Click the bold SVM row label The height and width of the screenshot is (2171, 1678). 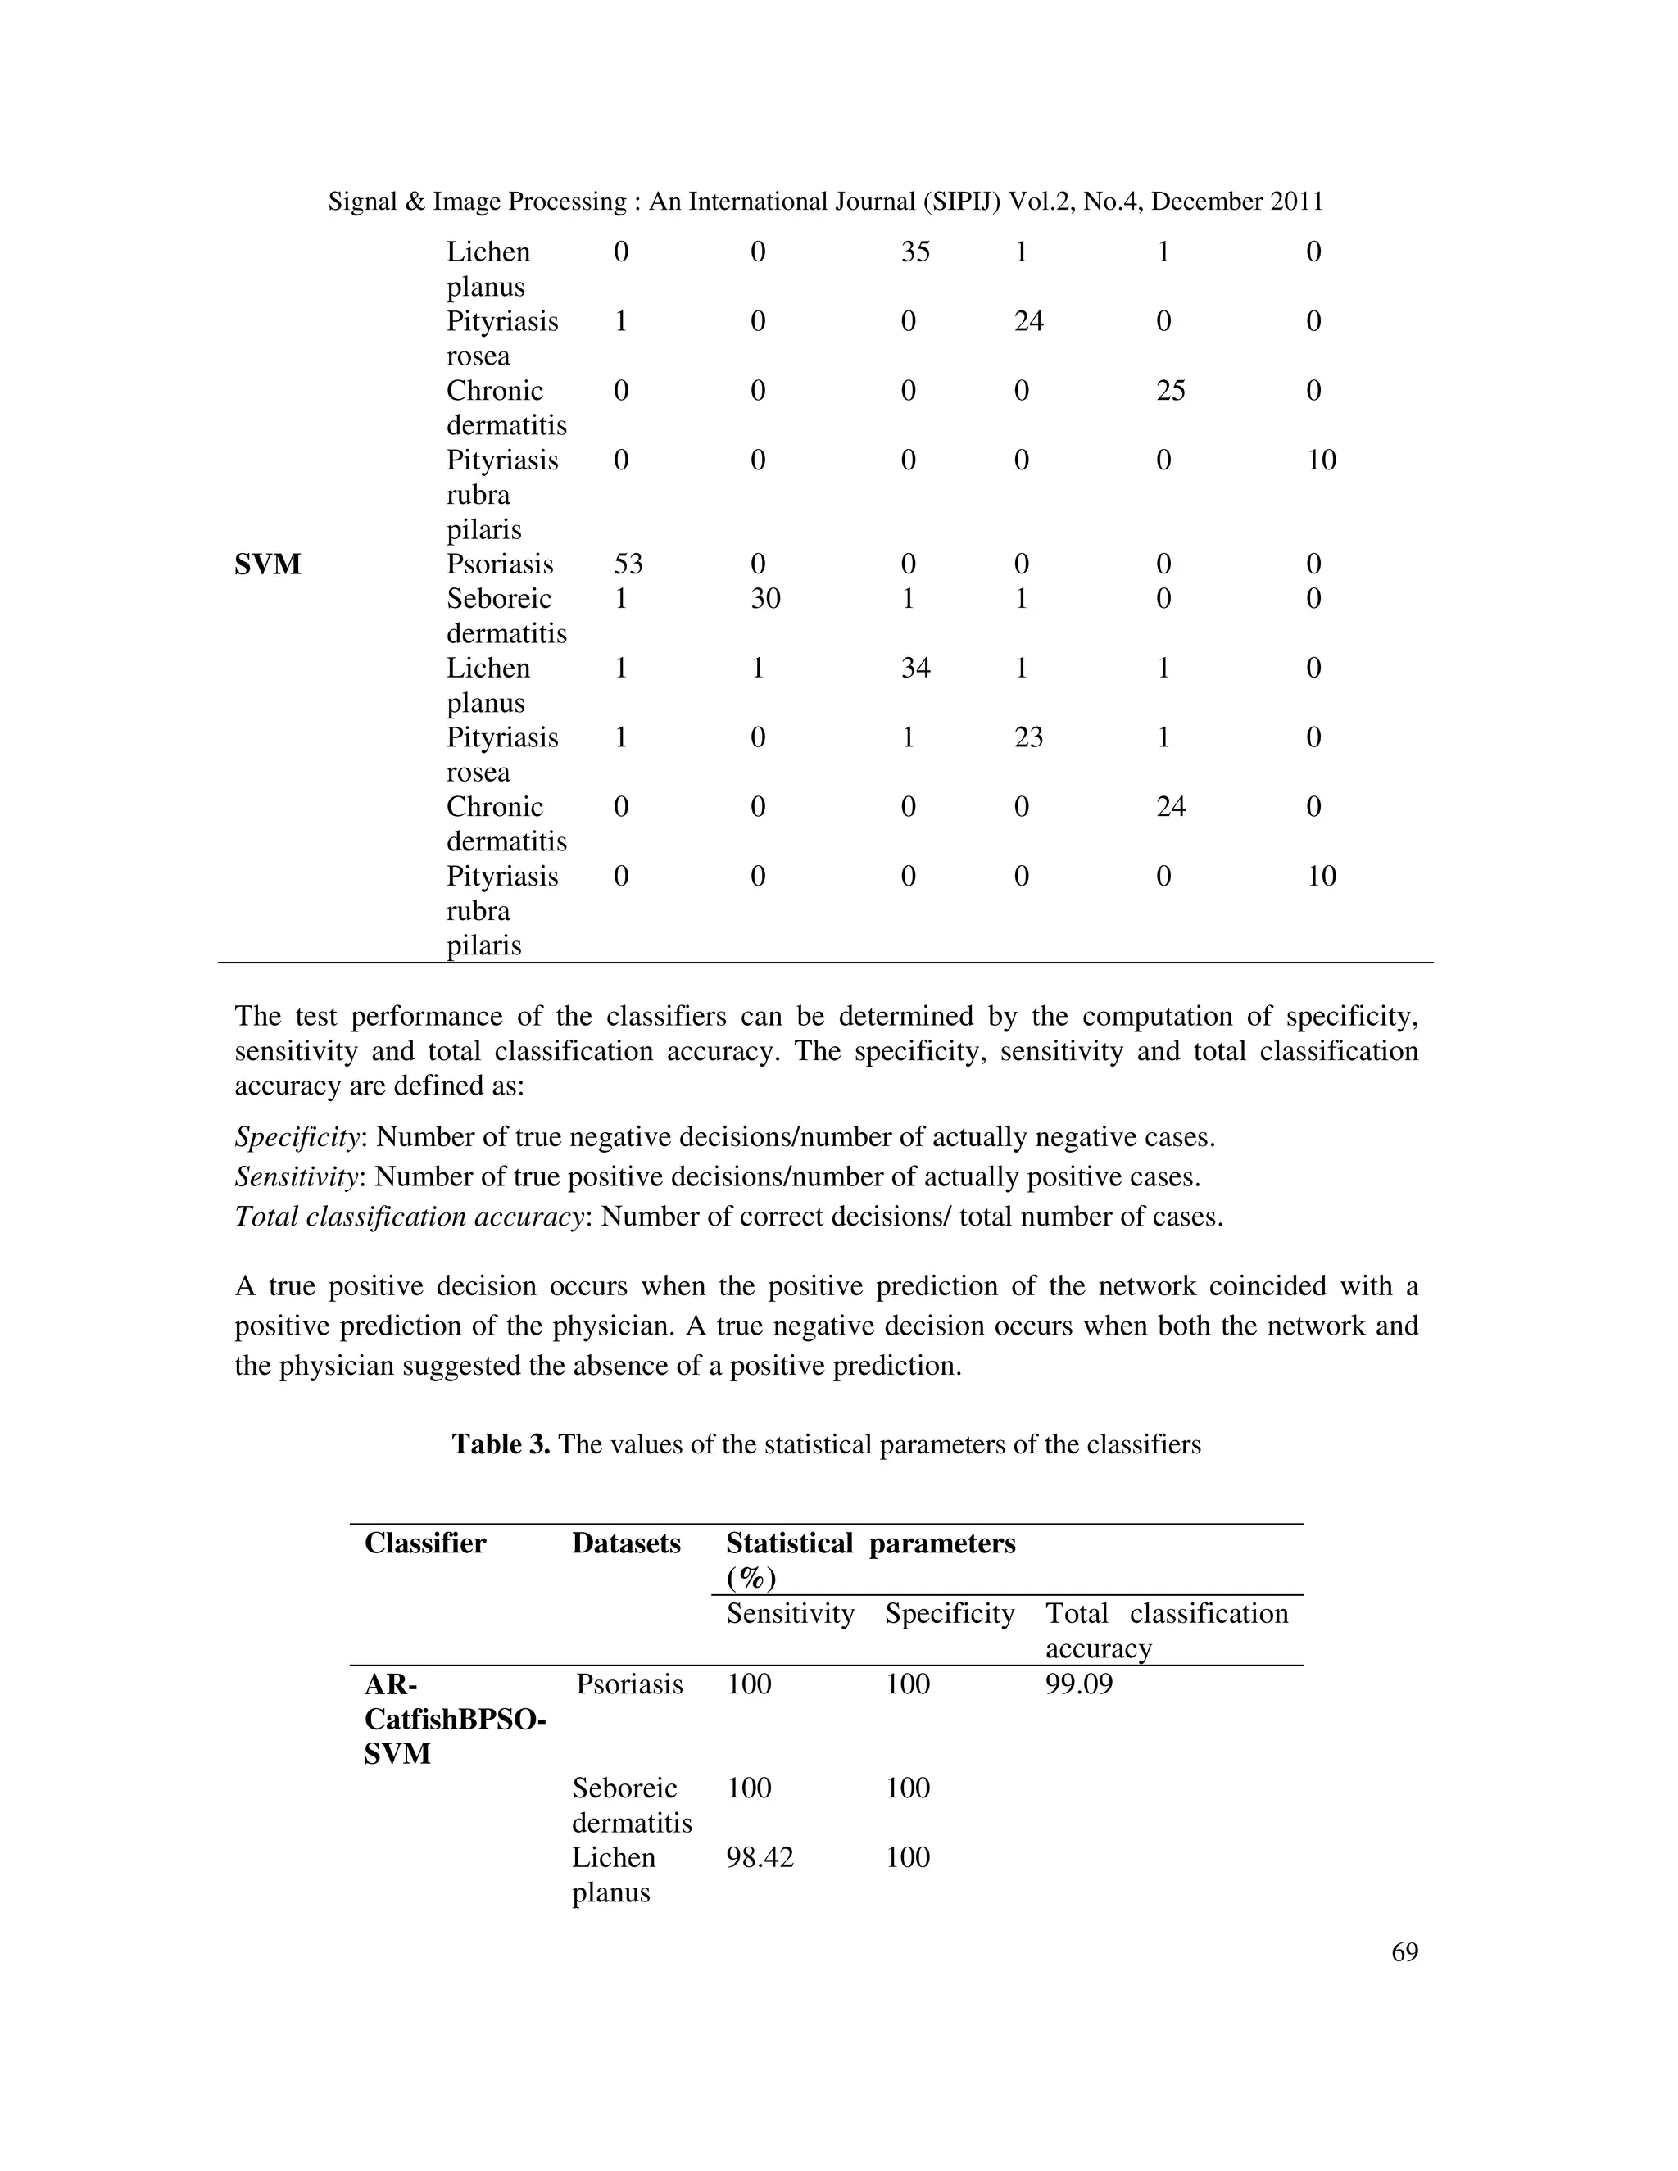tap(267, 564)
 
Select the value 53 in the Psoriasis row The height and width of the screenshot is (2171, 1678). tap(628, 564)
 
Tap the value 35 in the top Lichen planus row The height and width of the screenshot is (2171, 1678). tap(915, 252)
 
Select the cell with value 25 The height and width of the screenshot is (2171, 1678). tap(1171, 391)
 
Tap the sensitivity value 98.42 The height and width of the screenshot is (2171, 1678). tap(760, 1857)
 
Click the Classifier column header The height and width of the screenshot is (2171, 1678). tap(424, 1543)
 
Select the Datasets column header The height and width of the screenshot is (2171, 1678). tap(626, 1543)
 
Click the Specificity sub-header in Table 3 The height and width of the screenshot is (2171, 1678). tap(950, 1612)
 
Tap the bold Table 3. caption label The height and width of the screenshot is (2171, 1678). tap(501, 1444)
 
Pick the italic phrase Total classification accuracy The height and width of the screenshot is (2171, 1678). tap(407, 1217)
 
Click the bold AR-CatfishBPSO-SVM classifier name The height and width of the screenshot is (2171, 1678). tap(454, 1719)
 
